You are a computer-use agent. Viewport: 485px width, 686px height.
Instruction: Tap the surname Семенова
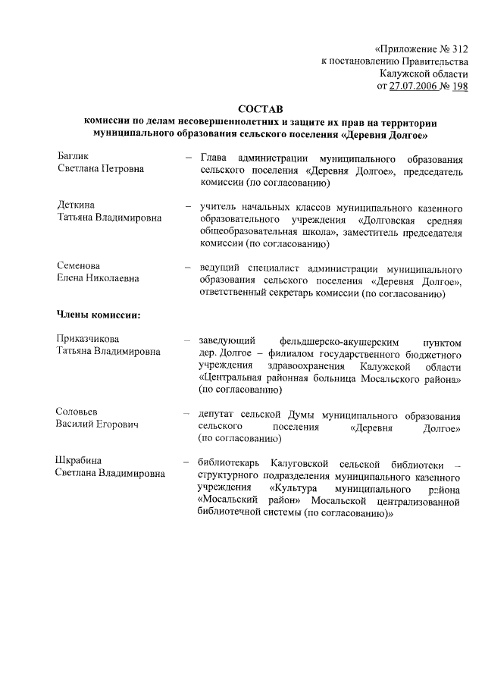click(x=79, y=266)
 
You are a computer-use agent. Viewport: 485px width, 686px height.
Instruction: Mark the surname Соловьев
click(x=78, y=412)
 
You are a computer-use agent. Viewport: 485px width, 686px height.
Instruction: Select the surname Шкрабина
click(x=79, y=461)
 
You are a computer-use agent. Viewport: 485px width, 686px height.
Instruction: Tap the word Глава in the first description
click(x=214, y=158)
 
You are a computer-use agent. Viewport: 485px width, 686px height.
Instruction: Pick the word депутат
click(x=219, y=414)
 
